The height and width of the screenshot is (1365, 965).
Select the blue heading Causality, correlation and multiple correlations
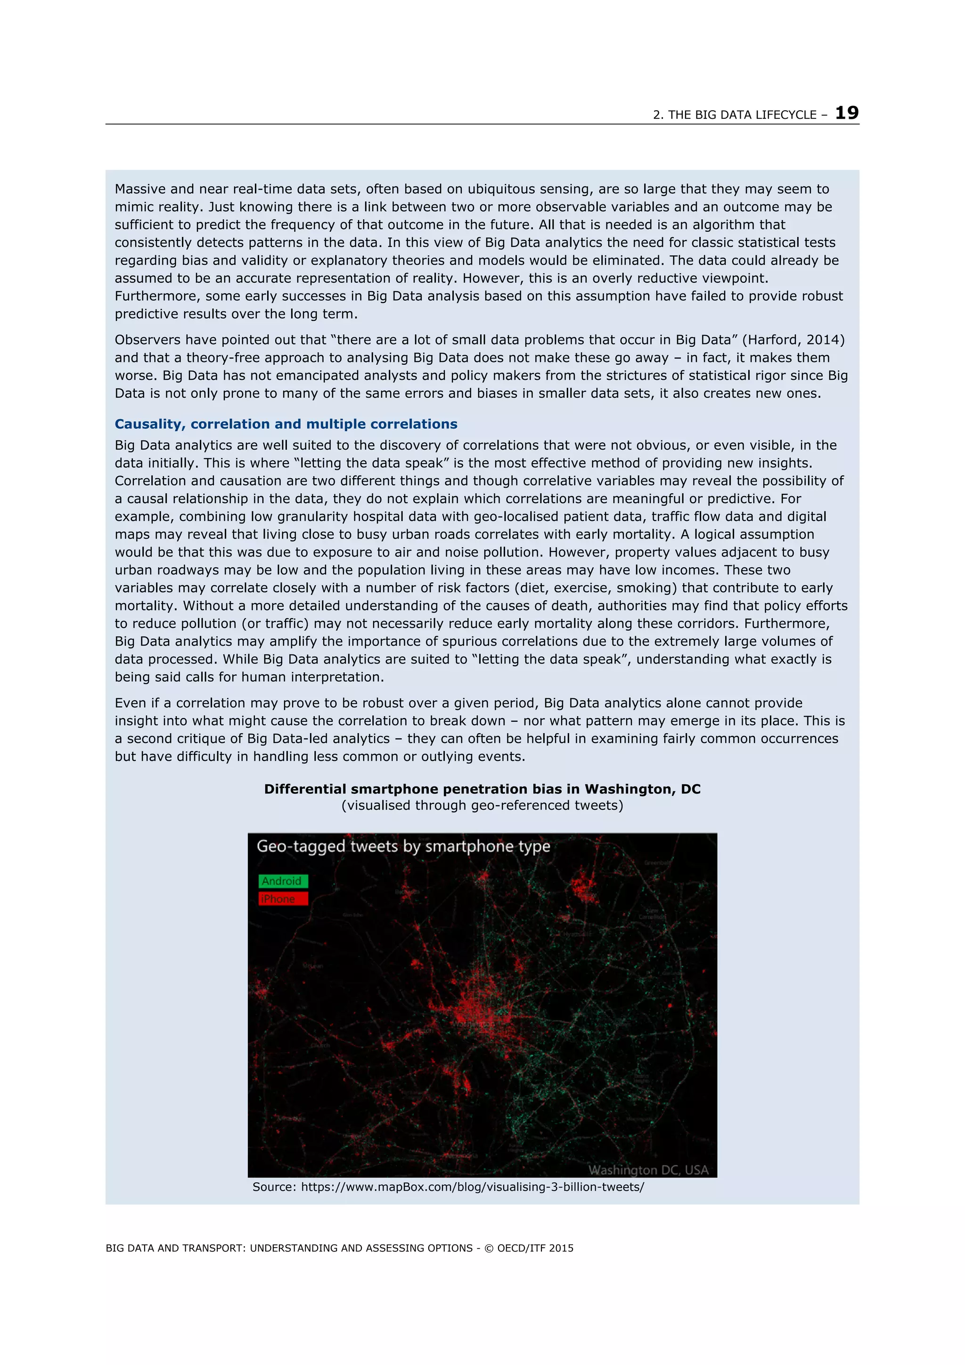click(x=286, y=424)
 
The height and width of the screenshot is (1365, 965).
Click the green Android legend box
click(x=283, y=881)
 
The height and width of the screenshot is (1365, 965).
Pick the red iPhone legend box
click(x=283, y=899)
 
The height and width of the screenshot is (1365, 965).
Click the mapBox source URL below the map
click(x=472, y=1187)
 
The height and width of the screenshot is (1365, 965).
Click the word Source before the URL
click(x=273, y=1187)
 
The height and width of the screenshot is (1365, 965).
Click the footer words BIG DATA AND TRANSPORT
click(x=175, y=1248)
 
